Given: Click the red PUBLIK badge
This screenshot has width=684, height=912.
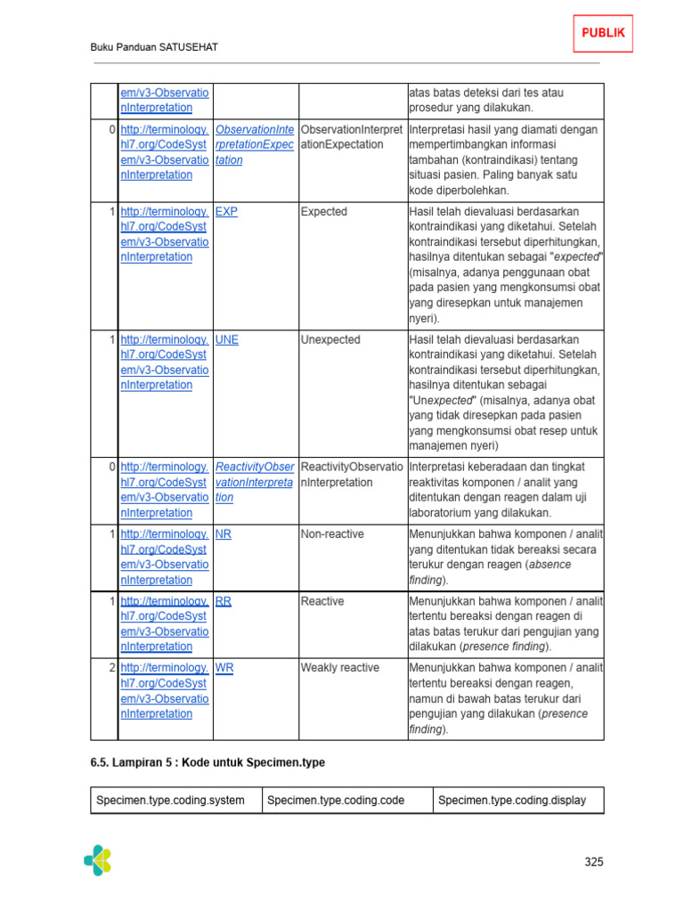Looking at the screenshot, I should tap(603, 34).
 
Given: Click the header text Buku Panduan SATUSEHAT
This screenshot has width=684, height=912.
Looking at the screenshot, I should tap(155, 47).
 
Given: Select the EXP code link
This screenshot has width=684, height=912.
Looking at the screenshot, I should tap(226, 212).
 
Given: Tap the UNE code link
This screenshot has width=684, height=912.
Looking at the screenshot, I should tap(227, 340).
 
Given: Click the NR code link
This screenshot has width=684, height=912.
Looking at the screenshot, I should tap(224, 534).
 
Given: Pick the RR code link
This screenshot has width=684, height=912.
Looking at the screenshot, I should tap(224, 601).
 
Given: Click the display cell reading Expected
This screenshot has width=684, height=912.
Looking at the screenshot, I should tap(324, 212).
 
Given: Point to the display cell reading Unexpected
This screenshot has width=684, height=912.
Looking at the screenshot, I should tap(330, 340).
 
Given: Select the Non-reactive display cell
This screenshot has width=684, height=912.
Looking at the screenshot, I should tap(332, 534).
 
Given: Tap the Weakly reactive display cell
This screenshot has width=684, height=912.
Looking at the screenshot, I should tap(339, 668).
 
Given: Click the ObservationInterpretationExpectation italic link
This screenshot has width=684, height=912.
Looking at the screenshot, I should tap(254, 145).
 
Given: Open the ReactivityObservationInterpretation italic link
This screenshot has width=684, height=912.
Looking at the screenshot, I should tap(254, 483).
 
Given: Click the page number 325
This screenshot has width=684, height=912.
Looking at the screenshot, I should tap(594, 861).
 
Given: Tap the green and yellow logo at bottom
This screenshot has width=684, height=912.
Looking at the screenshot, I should tap(98, 859).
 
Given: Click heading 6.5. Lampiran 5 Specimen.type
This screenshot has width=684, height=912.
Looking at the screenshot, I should tap(208, 762).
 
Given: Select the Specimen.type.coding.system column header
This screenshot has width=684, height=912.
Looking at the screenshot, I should tap(170, 801).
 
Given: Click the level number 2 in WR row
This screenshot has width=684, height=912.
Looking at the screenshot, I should tap(111, 668).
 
